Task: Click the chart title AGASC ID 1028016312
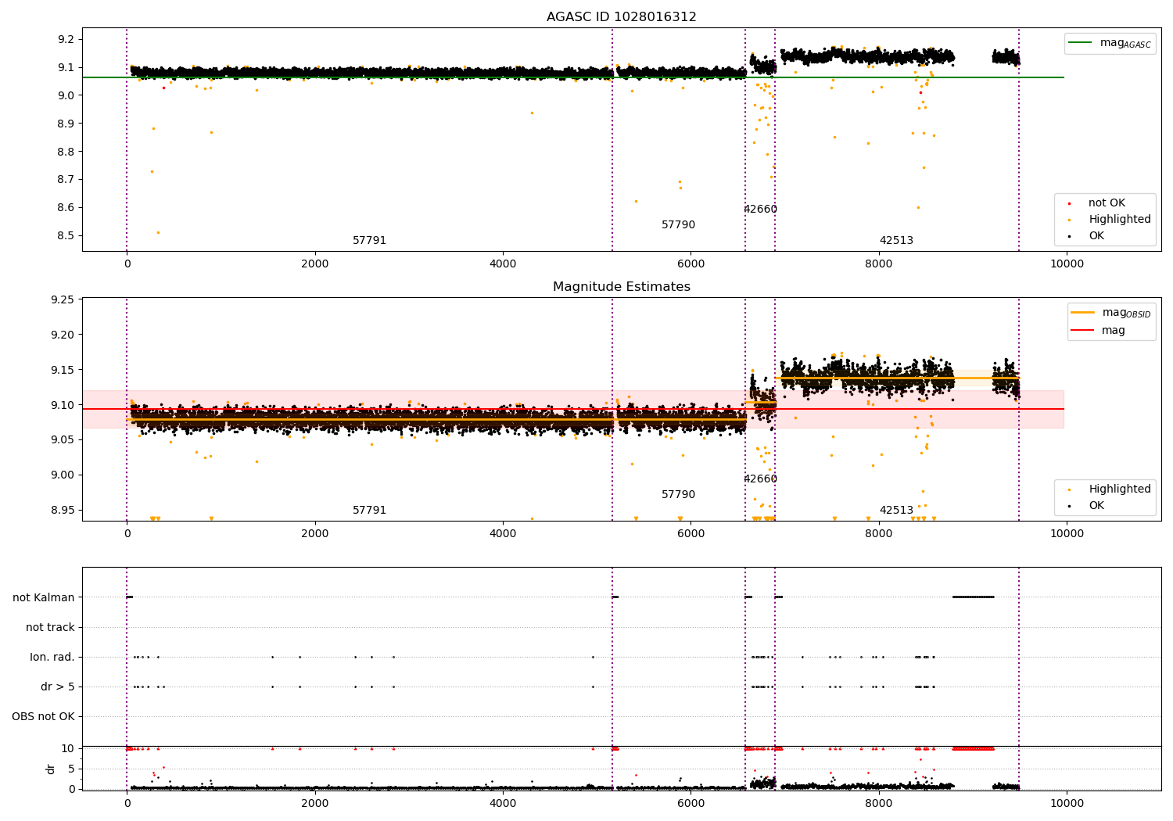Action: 621,17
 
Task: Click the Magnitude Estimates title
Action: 621,287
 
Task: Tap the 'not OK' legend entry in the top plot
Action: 1106,203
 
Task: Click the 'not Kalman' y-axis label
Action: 44,597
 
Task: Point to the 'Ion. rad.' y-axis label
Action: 52,657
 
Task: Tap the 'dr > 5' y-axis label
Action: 58,687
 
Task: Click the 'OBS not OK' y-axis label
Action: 44,716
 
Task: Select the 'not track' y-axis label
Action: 50,627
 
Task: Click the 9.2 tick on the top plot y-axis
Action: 66,40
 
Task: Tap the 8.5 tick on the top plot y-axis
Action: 66,235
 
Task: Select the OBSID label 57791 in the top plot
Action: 369,241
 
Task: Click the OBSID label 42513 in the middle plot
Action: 896,511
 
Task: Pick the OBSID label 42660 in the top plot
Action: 760,210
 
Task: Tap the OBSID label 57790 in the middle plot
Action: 678,495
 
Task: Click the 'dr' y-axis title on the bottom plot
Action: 51,769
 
